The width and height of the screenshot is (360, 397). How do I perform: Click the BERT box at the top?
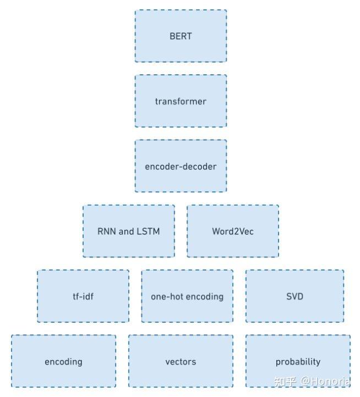pos(181,36)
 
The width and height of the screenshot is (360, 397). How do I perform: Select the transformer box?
pos(181,101)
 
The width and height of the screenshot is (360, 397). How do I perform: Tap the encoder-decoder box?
pos(181,166)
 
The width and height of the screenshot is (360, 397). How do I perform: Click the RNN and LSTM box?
pos(129,231)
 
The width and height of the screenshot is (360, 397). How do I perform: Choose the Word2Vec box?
pos(233,231)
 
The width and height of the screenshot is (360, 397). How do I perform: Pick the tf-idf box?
pos(83,296)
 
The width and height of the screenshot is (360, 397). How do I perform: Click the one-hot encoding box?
pos(187,296)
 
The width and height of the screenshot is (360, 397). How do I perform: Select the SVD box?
pos(294,296)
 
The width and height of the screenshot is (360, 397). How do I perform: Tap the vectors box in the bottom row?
pos(181,361)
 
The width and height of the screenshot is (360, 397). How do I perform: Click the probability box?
pos(298,361)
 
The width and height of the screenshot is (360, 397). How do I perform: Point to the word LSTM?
pos(149,231)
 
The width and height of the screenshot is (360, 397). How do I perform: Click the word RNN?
pos(107,231)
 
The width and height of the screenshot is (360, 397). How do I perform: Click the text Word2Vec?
pos(233,231)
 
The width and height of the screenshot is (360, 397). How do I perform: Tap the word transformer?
pos(181,101)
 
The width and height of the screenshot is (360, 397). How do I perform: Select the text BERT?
pos(181,36)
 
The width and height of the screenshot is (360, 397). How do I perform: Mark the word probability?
pos(298,362)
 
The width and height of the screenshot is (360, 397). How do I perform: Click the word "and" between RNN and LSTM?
pos(127,231)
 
